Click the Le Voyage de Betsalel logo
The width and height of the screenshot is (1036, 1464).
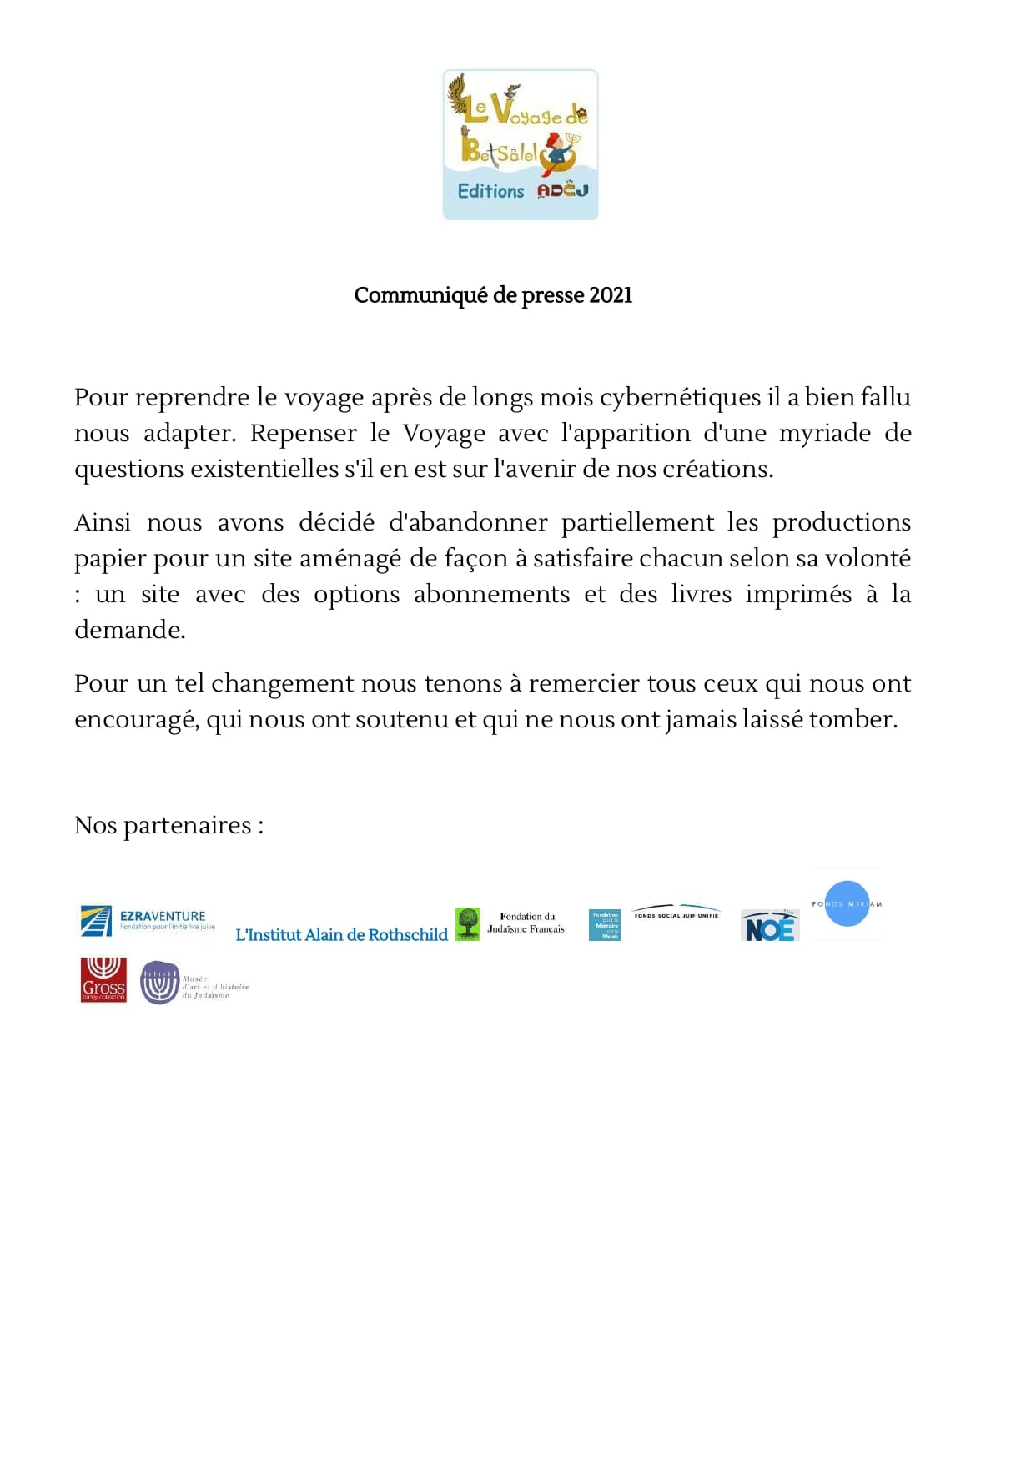coord(520,144)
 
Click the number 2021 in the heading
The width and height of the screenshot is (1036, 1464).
coord(611,295)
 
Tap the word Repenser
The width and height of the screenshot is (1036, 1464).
coord(304,433)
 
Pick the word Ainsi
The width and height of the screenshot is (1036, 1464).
coord(102,522)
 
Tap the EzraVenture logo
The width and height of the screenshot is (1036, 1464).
coord(148,920)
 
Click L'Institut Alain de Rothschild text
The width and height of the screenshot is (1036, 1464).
coord(341,934)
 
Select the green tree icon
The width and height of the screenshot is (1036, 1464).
coord(467,923)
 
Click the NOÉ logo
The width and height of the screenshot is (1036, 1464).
coord(769,926)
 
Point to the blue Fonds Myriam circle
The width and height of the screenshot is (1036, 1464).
coord(846,903)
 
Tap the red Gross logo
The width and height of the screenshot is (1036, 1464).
coord(103,979)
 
